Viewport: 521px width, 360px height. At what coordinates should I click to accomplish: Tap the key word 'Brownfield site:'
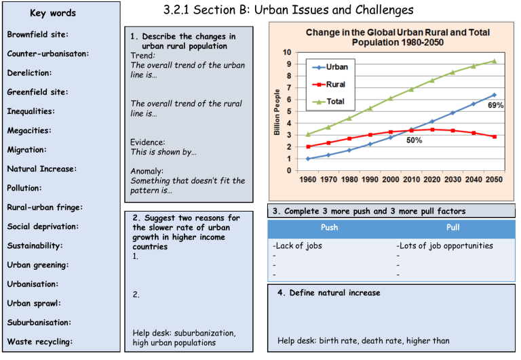[37, 34]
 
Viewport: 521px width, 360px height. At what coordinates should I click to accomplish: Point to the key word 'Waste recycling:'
[39, 342]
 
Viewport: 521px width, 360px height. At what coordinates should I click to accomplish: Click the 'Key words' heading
[54, 13]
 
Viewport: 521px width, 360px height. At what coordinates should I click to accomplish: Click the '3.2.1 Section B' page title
[288, 10]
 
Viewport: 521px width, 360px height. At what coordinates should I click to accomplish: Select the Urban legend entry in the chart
[336, 67]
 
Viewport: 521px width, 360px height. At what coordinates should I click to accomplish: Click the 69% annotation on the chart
[495, 106]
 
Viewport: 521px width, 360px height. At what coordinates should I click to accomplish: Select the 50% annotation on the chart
[414, 140]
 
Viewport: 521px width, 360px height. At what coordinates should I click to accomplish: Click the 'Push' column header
[329, 227]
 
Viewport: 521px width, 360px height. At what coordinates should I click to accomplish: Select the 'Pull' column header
[452, 227]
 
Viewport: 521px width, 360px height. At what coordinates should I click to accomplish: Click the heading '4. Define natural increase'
[328, 293]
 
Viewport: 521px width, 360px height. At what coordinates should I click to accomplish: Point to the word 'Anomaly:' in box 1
[147, 171]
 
